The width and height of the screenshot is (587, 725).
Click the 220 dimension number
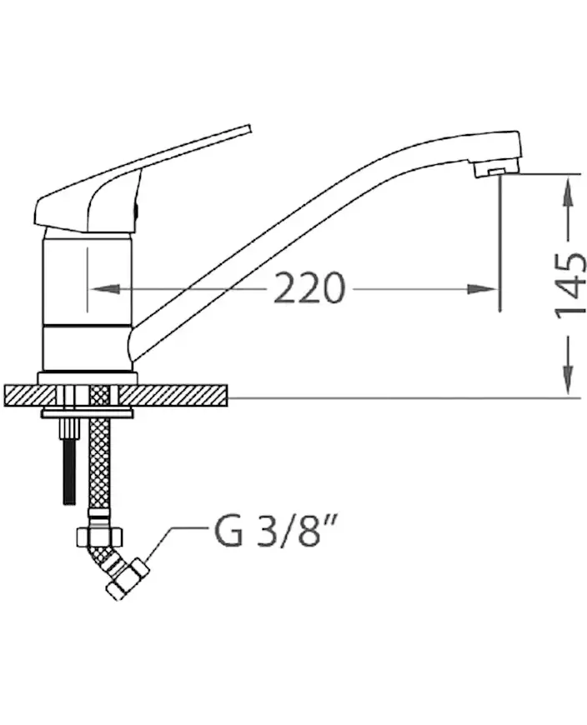[309, 288]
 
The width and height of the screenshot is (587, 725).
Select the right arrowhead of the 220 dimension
[481, 289]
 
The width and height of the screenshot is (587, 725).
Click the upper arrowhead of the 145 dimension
[569, 193]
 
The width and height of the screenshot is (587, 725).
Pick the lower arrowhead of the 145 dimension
[569, 379]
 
